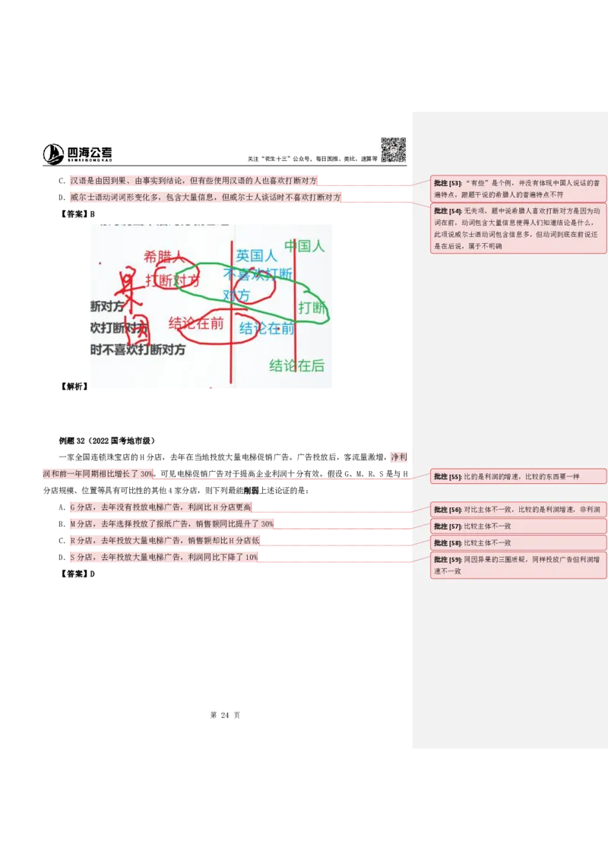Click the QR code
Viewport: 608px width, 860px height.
click(x=392, y=149)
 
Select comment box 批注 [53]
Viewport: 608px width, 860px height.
click(x=518, y=188)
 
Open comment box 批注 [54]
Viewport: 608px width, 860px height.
click(x=518, y=229)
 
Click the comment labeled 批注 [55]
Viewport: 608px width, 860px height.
click(x=518, y=476)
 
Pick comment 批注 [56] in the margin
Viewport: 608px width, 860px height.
click(x=518, y=509)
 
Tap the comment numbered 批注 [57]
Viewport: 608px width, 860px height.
click(x=518, y=526)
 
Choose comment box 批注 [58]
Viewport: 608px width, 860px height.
click(x=518, y=542)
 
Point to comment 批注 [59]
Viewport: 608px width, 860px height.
click(x=518, y=565)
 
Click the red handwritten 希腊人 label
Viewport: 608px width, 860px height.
click(x=163, y=257)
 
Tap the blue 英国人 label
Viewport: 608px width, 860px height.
click(x=256, y=255)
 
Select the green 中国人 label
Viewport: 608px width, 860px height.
click(x=304, y=245)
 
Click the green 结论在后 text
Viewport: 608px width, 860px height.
click(x=296, y=365)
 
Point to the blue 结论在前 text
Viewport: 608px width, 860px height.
click(x=267, y=328)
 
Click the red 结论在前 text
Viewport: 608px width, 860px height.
click(x=196, y=323)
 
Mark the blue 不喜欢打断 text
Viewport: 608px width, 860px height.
click(x=258, y=273)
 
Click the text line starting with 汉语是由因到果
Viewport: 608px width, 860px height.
click(x=193, y=181)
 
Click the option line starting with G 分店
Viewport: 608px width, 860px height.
click(x=160, y=507)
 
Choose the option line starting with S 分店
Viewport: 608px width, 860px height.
click(x=163, y=557)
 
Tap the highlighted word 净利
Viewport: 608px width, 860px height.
click(x=399, y=457)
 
